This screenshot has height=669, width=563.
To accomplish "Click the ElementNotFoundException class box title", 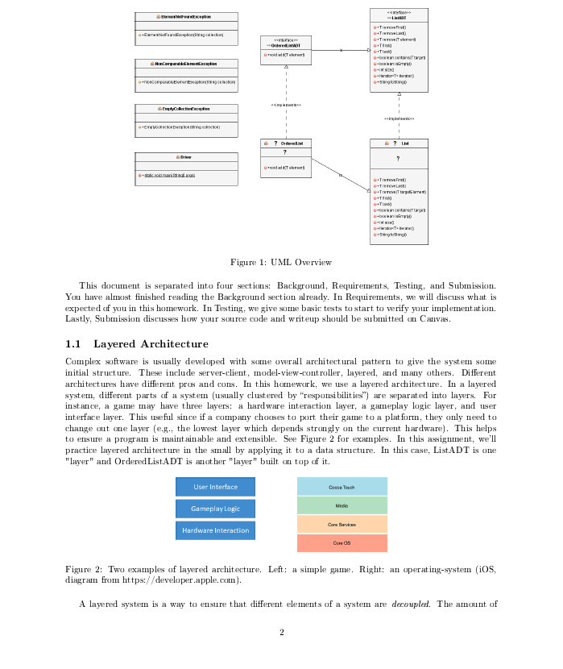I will [x=186, y=17].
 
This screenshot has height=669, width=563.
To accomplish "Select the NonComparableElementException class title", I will [x=186, y=63].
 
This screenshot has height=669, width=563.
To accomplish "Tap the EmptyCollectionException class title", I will [x=186, y=109].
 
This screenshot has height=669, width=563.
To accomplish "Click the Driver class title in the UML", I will [x=186, y=156].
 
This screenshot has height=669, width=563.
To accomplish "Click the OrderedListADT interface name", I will [x=286, y=46].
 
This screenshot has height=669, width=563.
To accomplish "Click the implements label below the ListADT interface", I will [x=399, y=118].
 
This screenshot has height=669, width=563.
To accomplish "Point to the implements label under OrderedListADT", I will [x=286, y=105].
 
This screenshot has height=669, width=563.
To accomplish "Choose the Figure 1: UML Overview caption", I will [x=281, y=262].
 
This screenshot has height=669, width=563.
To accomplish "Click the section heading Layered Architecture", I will [x=151, y=344].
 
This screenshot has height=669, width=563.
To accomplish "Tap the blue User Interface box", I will [x=215, y=487].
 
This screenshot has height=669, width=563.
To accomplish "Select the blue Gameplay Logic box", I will [x=215, y=509].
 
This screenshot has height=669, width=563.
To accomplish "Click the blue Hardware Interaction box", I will [x=215, y=530].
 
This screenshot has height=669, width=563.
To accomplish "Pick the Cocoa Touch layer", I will [x=342, y=487].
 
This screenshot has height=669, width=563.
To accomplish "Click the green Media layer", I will [x=342, y=505].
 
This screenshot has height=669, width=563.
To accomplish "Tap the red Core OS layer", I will [x=342, y=543].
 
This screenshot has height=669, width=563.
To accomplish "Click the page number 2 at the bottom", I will [x=281, y=632].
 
